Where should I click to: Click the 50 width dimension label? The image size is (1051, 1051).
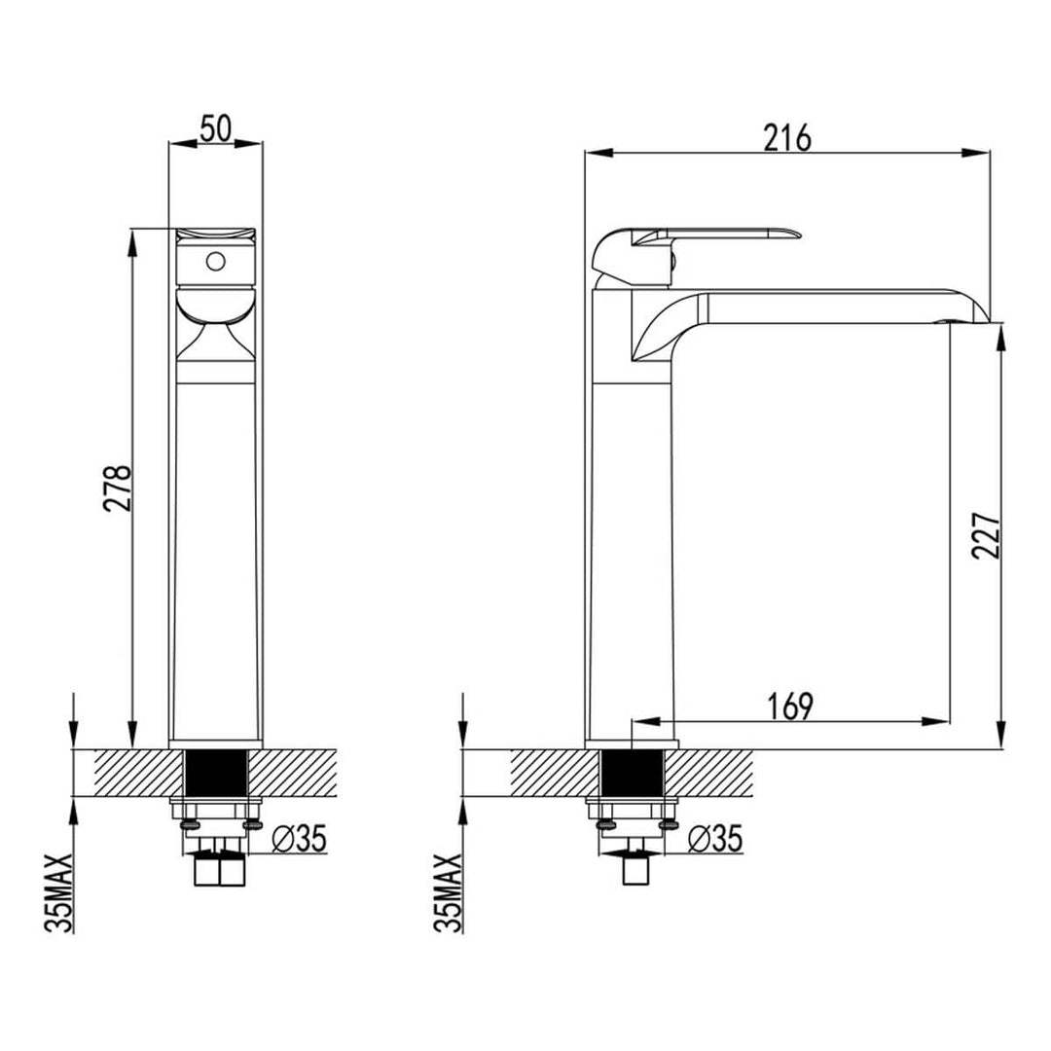pyautogui.click(x=215, y=128)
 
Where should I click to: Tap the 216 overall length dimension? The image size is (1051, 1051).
pyautogui.click(x=786, y=138)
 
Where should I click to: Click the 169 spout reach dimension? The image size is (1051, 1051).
pyautogui.click(x=789, y=707)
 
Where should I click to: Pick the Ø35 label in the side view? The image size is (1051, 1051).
pyautogui.click(x=714, y=838)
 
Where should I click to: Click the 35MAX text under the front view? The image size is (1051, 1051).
pyautogui.click(x=60, y=892)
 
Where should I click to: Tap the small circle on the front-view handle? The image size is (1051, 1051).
pyautogui.click(x=216, y=262)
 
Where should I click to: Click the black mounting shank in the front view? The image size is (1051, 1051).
pyautogui.click(x=215, y=775)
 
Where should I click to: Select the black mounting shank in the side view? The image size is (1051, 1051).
pyautogui.click(x=633, y=775)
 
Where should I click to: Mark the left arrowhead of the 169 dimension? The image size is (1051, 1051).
pyautogui.click(x=643, y=721)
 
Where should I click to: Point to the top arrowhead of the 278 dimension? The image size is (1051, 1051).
pyautogui.click(x=133, y=239)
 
